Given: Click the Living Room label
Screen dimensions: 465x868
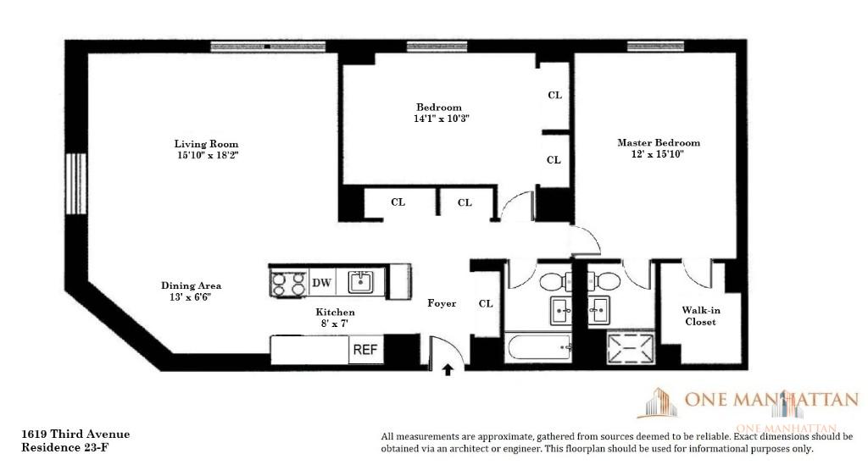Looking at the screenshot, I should pos(206,144).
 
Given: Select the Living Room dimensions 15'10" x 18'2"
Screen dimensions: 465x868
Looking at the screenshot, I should pos(206,156).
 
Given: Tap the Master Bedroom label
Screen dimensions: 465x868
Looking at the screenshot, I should pos(659,143).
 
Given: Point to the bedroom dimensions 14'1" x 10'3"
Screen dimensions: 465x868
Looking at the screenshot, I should pos(438,119).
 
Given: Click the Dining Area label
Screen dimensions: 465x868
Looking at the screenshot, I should pos(191,286).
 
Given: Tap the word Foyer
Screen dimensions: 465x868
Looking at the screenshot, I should pos(441,303).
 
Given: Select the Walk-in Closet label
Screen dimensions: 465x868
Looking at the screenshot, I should pos(699,316).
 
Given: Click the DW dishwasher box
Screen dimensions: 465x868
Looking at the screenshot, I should pos(321,282).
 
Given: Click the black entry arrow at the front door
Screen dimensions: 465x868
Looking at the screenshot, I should pos(448,368).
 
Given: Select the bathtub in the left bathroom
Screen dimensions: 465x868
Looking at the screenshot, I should pos(537,347).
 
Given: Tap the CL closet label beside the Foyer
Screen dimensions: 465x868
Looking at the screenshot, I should pos(486,304).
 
